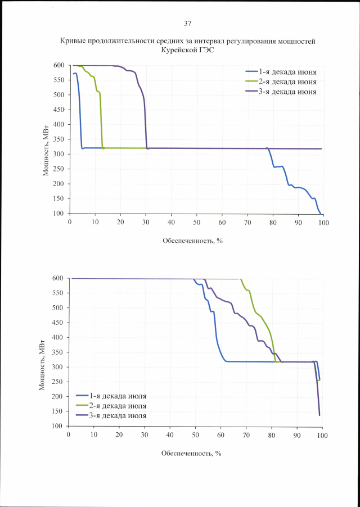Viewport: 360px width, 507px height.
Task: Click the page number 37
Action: click(188, 24)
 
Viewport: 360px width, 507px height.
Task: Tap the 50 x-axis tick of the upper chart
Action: click(197, 223)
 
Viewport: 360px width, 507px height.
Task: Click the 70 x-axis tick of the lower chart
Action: click(246, 435)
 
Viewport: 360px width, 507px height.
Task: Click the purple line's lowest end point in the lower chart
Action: click(319, 415)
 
